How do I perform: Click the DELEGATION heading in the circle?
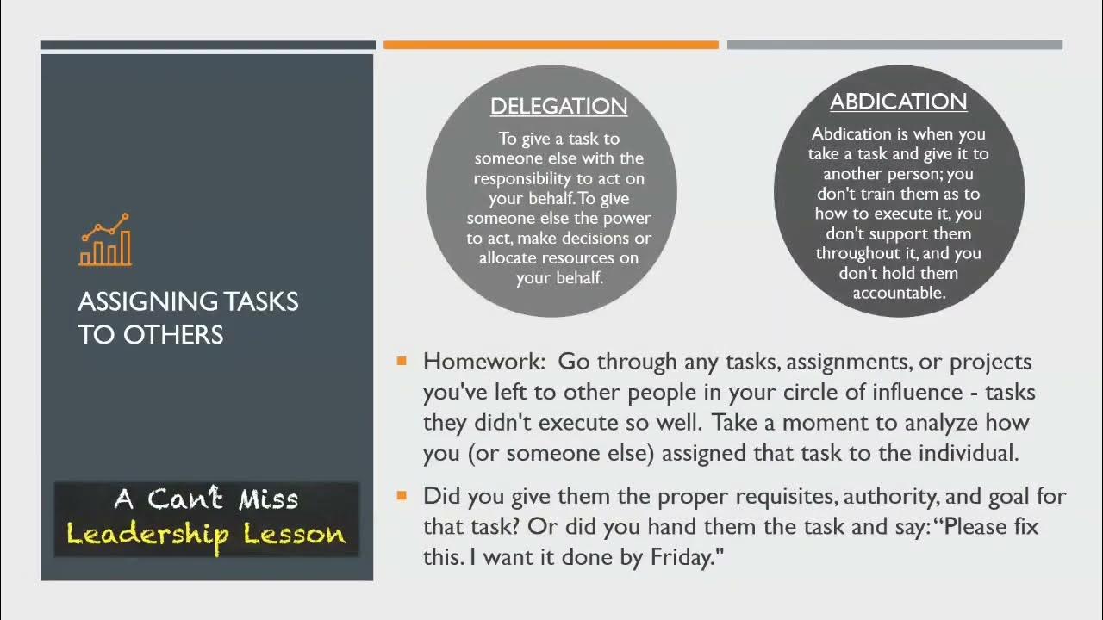pyautogui.click(x=558, y=106)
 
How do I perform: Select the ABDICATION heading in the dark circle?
pyautogui.click(x=898, y=102)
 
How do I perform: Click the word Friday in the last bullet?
pyautogui.click(x=677, y=557)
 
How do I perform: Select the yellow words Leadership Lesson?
pyautogui.click(x=206, y=534)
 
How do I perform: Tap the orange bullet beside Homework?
pyautogui.click(x=402, y=361)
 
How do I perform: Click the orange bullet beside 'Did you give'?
pyautogui.click(x=402, y=495)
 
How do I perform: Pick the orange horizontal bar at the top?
pyautogui.click(x=551, y=45)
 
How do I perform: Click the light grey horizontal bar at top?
pyautogui.click(x=894, y=45)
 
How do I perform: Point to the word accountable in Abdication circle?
pyautogui.click(x=899, y=293)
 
